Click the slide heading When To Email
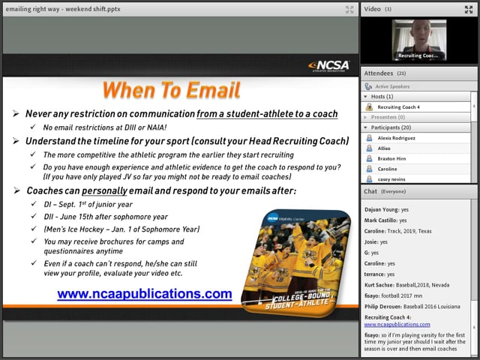171,91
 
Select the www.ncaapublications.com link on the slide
145,294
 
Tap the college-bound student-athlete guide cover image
295,259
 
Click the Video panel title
373,9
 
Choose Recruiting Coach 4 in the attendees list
398,107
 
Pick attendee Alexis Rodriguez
397,139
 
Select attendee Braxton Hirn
392,159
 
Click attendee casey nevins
391,180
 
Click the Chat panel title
370,191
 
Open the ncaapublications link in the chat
397,325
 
